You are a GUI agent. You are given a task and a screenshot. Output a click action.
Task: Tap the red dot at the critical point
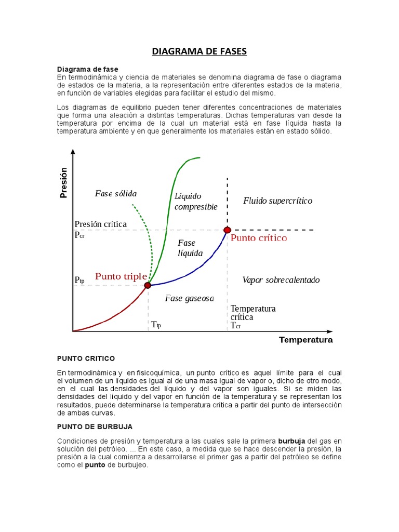(227, 230)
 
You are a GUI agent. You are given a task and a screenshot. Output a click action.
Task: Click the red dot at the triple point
(148, 285)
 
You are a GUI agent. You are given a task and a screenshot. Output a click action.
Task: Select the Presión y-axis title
(64, 183)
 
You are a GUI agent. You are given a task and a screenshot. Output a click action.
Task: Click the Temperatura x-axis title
(305, 340)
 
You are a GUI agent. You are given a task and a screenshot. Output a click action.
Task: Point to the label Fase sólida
(115, 194)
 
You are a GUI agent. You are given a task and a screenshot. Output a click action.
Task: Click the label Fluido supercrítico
(277, 201)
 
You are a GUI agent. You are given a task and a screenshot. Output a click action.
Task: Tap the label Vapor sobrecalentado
(281, 280)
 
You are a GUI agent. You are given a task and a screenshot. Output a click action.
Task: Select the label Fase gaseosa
(189, 298)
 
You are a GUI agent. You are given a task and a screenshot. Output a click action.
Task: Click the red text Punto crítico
(259, 238)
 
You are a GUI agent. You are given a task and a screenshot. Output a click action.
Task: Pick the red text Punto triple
(121, 276)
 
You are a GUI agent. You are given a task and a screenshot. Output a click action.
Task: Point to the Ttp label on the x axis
(156, 325)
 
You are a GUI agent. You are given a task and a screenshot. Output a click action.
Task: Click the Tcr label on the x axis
(235, 326)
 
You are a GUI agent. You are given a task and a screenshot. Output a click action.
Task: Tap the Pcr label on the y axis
(79, 235)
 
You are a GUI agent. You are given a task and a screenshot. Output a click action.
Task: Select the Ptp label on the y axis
(79, 280)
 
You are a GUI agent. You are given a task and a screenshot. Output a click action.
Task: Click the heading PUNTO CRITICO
(86, 359)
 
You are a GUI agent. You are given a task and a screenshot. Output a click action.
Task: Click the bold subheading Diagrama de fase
(87, 69)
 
